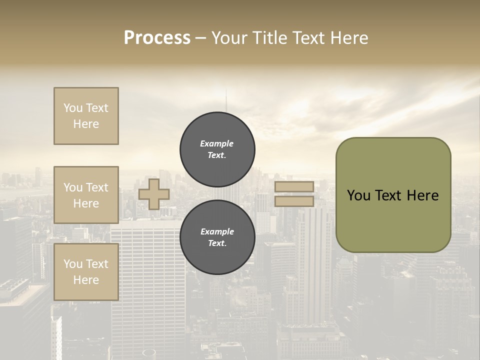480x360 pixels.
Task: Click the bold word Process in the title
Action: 157,38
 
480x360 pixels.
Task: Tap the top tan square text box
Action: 86,116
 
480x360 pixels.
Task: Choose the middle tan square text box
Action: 86,195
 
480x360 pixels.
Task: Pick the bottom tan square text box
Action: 86,272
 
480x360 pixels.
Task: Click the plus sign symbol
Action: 154,194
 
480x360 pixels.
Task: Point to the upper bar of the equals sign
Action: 294,187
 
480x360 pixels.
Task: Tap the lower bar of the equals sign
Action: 294,201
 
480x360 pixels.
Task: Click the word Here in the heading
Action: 348,38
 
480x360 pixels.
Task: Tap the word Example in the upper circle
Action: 217,144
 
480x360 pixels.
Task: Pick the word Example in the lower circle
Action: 217,232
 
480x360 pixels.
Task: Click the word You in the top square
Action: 73,108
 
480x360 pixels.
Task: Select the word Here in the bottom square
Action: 86,280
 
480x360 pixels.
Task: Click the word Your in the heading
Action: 230,38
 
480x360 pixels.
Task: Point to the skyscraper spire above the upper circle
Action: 226,100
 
